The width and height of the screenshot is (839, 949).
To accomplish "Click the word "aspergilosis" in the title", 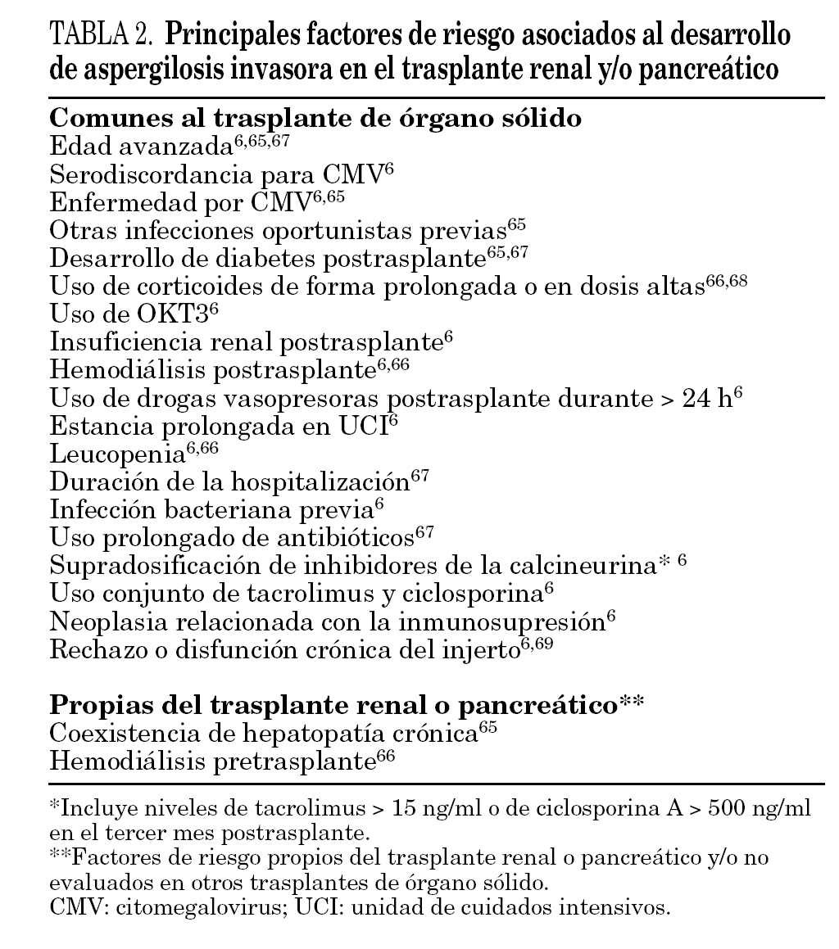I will tap(147, 70).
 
